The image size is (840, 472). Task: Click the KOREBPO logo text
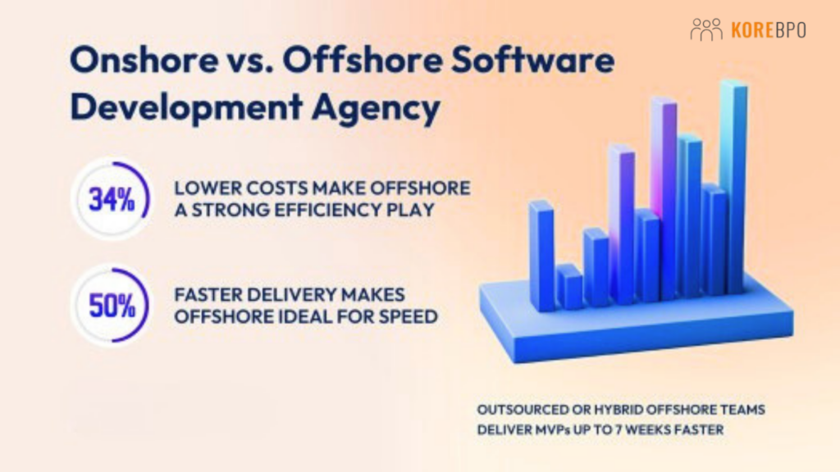tap(768, 30)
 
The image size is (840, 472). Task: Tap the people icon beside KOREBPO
tap(706, 30)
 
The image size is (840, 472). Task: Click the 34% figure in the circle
tap(112, 200)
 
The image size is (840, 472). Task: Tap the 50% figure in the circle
tap(112, 304)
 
